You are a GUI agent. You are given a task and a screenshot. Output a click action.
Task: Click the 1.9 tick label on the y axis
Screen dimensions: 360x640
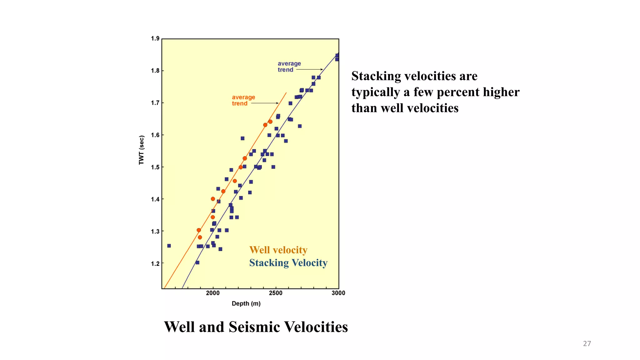(155, 38)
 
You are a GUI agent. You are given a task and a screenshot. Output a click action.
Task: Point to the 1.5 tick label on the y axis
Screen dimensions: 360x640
(155, 167)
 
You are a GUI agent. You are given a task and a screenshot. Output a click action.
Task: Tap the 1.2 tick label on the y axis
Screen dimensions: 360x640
(155, 264)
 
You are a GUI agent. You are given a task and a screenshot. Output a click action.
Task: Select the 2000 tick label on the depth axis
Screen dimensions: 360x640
(213, 293)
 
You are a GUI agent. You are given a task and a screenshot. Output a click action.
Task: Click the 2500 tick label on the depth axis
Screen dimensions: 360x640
(276, 293)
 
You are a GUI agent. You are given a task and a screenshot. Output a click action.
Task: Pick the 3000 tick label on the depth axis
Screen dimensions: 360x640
(338, 293)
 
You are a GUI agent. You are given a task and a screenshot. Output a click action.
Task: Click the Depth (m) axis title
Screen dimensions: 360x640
(246, 303)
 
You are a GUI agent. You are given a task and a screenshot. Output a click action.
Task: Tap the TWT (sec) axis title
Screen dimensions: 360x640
(142, 150)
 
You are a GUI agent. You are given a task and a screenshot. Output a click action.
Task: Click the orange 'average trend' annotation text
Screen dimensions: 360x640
(243, 100)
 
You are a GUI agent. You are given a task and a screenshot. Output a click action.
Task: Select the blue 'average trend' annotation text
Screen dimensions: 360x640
(289, 67)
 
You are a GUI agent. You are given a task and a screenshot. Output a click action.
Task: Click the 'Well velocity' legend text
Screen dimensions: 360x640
(278, 250)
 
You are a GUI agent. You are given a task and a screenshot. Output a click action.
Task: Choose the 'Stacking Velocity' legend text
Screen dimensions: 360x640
(288, 263)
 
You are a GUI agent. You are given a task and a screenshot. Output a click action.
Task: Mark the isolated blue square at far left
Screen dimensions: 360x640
(169, 246)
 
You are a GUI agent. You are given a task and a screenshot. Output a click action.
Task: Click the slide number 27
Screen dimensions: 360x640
(587, 343)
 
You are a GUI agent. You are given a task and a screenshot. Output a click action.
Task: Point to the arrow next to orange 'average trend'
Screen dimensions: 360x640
(265, 103)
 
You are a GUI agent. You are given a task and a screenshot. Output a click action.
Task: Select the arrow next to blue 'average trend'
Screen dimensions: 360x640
(309, 69)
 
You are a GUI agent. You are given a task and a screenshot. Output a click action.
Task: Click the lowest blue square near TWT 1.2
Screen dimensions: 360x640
(197, 262)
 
